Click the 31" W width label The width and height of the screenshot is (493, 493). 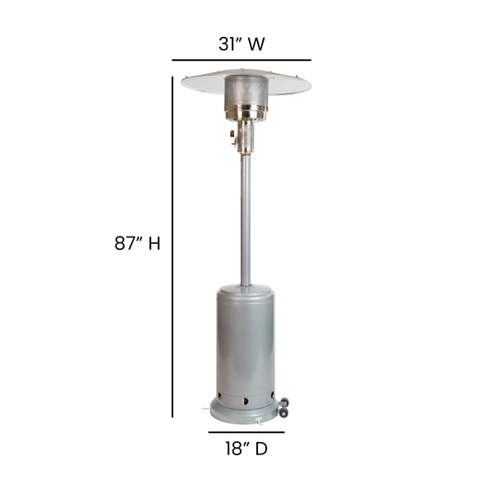pos(241,44)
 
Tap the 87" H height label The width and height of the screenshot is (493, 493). pos(136,243)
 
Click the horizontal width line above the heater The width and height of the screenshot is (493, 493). pos(241,60)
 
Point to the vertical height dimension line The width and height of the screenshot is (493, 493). pos(173,246)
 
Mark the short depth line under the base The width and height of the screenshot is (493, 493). pos(246,431)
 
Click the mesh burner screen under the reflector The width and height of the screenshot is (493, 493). pos(245,91)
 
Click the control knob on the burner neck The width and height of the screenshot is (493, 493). pos(235,135)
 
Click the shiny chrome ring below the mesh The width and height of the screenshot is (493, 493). pos(246,114)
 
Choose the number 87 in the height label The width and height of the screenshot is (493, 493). pos(128,243)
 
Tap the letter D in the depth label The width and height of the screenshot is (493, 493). pos(261,449)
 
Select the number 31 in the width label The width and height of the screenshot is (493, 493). pos(227,44)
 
